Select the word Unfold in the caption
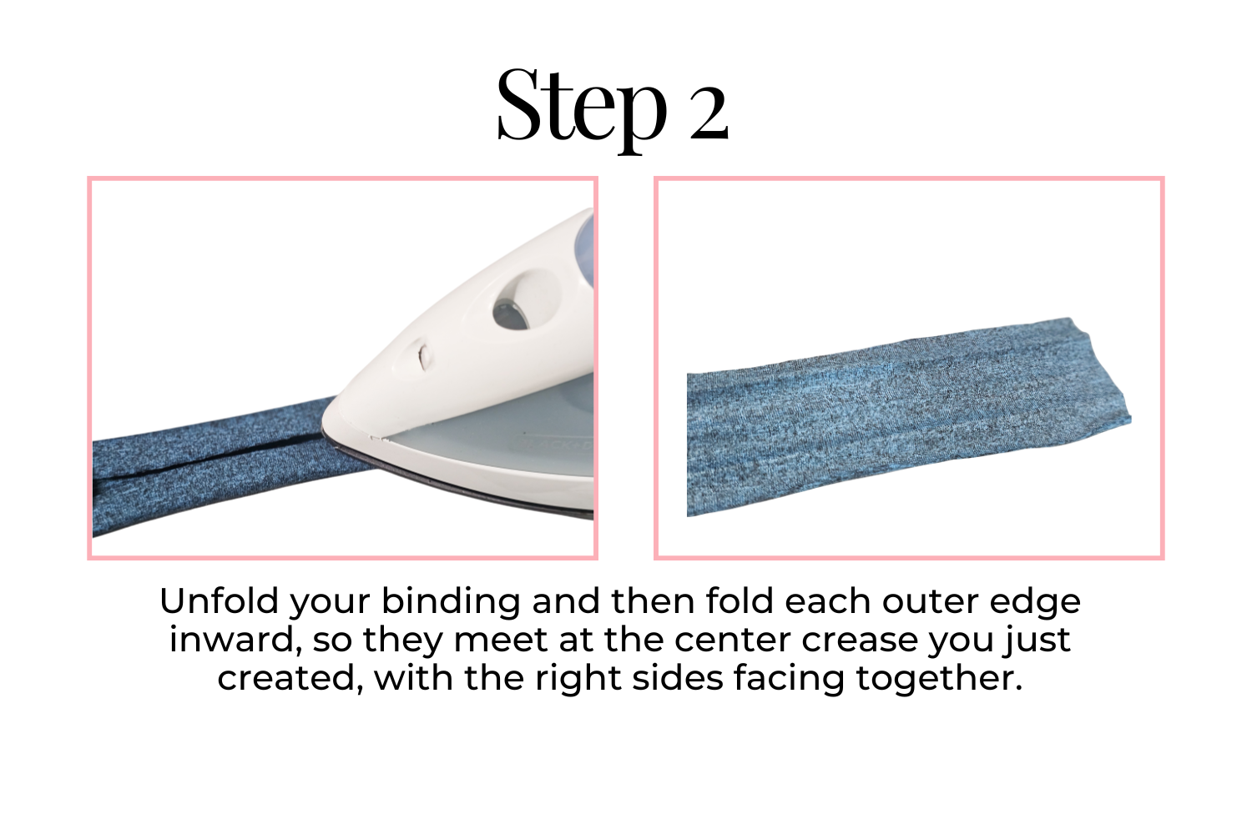click(219, 601)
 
